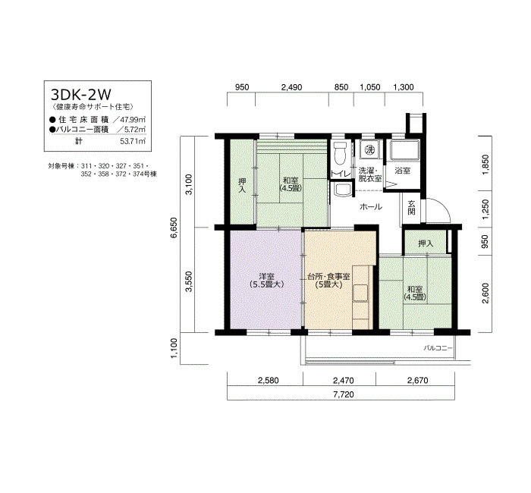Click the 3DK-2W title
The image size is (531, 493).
pos(80,94)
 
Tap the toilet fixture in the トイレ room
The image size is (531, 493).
pos(340,153)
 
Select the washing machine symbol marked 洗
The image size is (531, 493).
pos(369,149)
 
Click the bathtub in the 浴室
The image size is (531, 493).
pos(404,150)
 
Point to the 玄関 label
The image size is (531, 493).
pos(411,208)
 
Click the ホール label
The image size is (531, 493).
pos(371,207)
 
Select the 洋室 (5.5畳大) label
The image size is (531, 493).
pos(266,281)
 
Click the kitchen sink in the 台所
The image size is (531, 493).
pos(360,293)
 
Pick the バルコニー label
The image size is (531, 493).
pos(438,347)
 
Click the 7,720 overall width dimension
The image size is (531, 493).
pos(344,394)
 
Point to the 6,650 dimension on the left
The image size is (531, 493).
pos(173,228)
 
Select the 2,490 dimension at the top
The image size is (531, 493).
pos(291,87)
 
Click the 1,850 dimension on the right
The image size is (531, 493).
pos(485,165)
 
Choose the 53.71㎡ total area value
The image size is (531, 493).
pos(133,141)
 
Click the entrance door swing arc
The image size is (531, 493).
pos(442,205)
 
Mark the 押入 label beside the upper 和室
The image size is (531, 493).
pos(242,186)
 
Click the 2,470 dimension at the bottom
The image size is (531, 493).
pos(344,381)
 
